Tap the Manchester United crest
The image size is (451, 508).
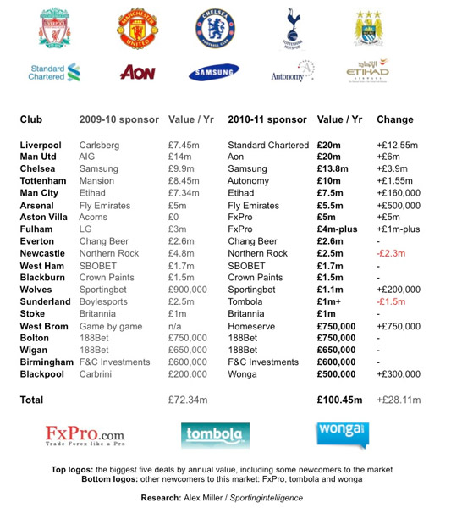pyautogui.click(x=137, y=29)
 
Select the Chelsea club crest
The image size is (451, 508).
pyautogui.click(x=213, y=28)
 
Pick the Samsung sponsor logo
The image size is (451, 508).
pyautogui.click(x=213, y=72)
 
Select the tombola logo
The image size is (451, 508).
pyautogui.click(x=215, y=435)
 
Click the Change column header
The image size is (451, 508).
pyautogui.click(x=394, y=119)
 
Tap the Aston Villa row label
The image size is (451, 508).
pyautogui.click(x=47, y=218)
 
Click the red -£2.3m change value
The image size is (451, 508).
pyautogui.click(x=393, y=253)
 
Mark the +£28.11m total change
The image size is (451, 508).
pyautogui.click(x=399, y=399)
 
